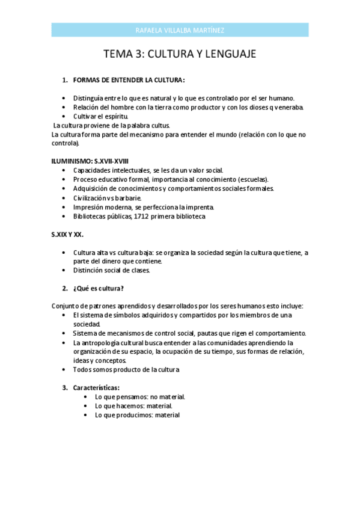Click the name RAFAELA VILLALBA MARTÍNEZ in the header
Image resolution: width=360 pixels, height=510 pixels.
180,30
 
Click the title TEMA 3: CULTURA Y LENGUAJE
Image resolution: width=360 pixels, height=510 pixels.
180,54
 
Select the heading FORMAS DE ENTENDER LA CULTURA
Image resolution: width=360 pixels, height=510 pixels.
129,80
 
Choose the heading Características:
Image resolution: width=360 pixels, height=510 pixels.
96,387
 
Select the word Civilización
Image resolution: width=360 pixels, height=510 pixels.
93,198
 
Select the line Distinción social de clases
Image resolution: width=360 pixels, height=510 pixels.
112,270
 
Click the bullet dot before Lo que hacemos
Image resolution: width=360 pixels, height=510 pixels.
88,406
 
